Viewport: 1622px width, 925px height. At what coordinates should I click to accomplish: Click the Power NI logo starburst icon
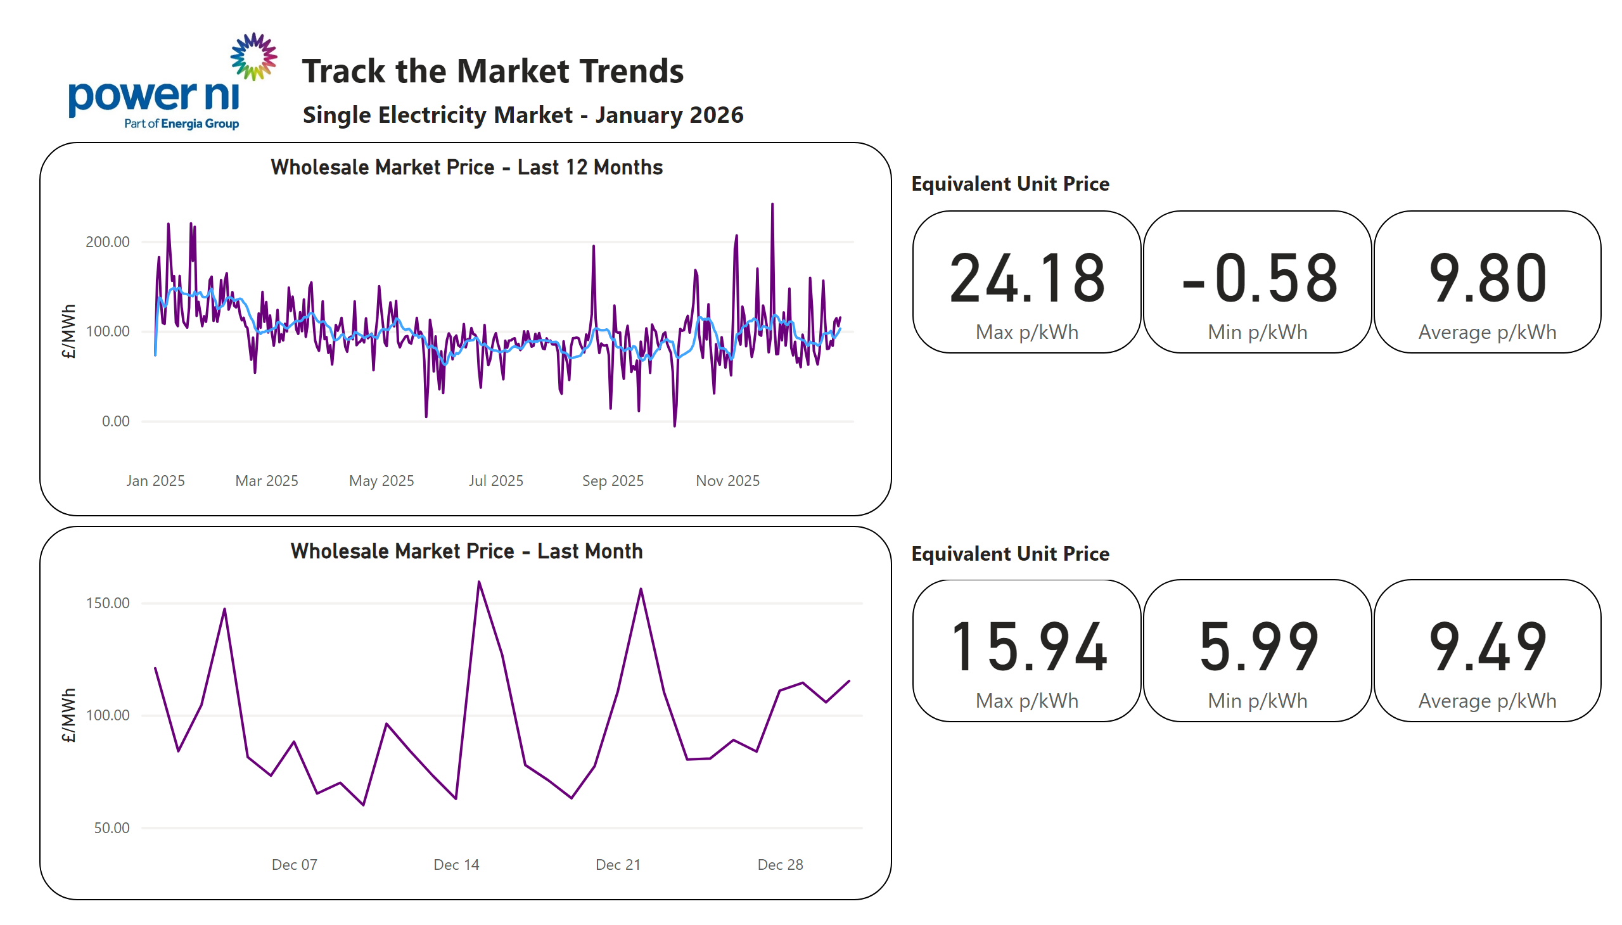[x=253, y=57]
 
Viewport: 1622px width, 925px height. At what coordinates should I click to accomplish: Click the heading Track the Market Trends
[x=492, y=70]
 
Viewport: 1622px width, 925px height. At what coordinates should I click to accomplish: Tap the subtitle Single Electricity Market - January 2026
[x=522, y=115]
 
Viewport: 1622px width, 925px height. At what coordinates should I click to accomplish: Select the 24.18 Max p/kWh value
[x=1026, y=278]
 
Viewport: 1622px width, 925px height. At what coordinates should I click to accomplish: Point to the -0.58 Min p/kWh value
[x=1258, y=278]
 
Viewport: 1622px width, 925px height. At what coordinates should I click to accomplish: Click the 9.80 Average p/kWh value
[x=1486, y=278]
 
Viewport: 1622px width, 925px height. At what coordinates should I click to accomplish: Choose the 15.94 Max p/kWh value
[x=1027, y=647]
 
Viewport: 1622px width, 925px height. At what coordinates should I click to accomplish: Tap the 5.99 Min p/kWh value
[x=1258, y=647]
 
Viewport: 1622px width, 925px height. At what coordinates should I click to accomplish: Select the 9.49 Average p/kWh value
[x=1486, y=647]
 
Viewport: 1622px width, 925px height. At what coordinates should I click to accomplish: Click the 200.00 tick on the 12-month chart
[x=107, y=242]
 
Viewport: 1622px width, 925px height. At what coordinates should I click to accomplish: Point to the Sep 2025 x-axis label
[x=613, y=481]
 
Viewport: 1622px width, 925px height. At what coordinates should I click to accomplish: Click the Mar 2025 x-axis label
[x=266, y=481]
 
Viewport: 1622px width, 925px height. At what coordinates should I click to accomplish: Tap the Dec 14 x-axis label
[x=456, y=865]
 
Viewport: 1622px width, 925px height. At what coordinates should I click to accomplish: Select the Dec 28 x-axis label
[x=779, y=865]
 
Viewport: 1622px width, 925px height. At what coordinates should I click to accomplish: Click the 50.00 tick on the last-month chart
[x=111, y=828]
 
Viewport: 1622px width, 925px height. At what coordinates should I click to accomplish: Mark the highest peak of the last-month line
[x=479, y=582]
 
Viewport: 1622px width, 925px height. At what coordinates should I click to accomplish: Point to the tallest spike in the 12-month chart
[x=772, y=205]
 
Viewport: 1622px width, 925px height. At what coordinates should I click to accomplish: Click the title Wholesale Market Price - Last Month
[x=466, y=551]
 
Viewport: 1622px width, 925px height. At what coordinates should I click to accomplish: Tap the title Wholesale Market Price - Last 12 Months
[x=466, y=167]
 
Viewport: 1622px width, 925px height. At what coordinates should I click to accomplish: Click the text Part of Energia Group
[x=181, y=124]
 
